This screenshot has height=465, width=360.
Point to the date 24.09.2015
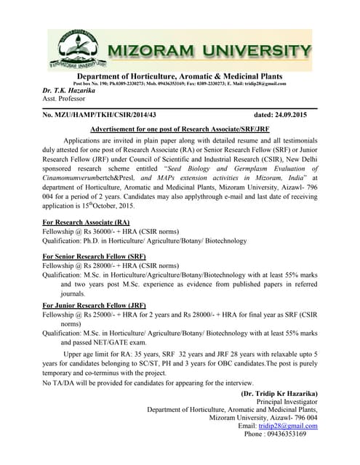point(297,115)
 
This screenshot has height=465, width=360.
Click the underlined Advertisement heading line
point(180,128)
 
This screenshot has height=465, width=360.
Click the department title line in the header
point(180,76)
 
